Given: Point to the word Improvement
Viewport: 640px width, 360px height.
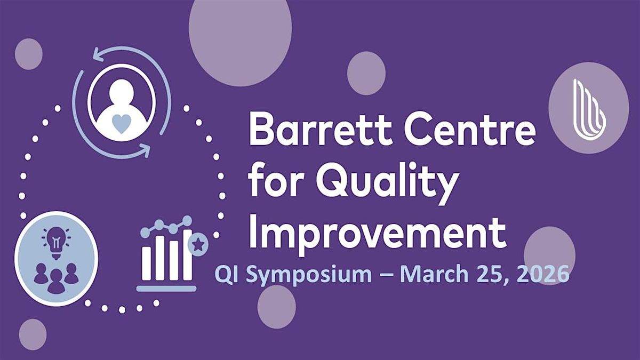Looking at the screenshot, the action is click(x=377, y=234).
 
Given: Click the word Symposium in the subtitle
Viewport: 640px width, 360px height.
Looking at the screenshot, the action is click(x=309, y=275).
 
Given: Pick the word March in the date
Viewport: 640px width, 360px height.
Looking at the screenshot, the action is click(x=434, y=274).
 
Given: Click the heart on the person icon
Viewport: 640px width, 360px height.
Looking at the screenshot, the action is click(x=121, y=123).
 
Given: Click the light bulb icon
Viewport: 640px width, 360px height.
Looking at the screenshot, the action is click(x=56, y=243).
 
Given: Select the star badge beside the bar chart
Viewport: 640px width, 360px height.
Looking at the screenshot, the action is click(x=198, y=244).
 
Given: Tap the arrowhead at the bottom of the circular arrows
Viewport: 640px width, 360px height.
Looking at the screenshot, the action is click(x=145, y=150).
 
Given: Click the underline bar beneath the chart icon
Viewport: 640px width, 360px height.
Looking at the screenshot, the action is click(x=166, y=289).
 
